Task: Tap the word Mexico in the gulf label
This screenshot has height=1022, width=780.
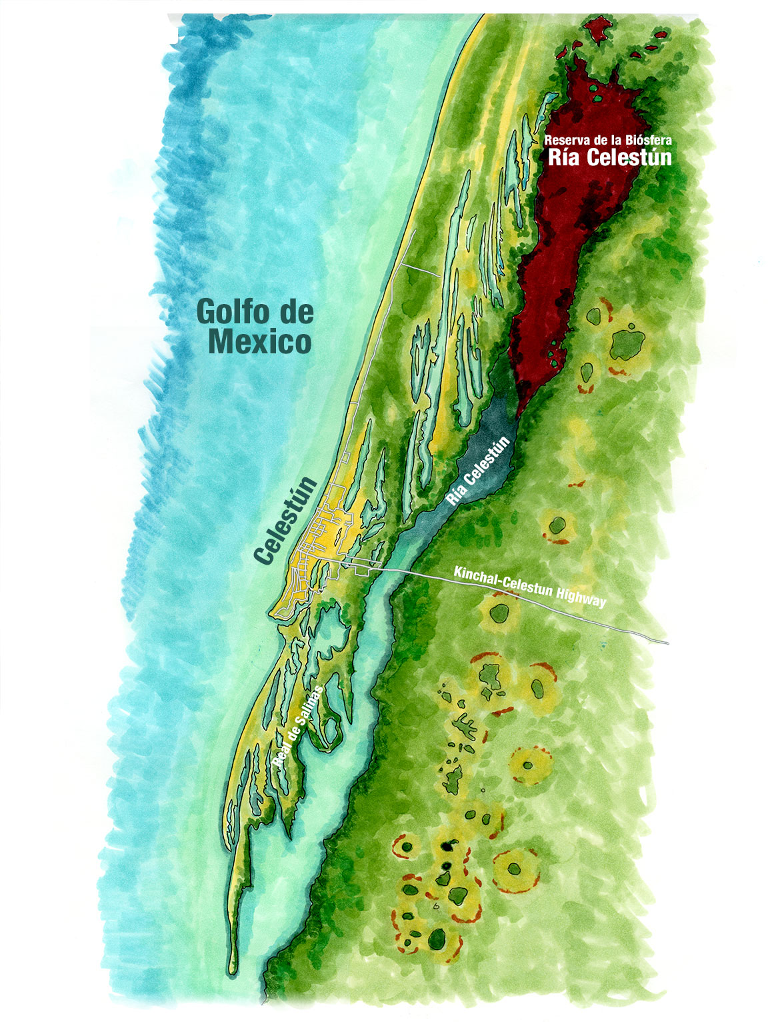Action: pos(259,342)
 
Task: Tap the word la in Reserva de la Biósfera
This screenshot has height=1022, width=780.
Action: pos(615,140)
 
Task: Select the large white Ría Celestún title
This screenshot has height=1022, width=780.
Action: pos(609,158)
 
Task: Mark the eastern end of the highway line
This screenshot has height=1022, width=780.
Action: pos(667,643)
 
